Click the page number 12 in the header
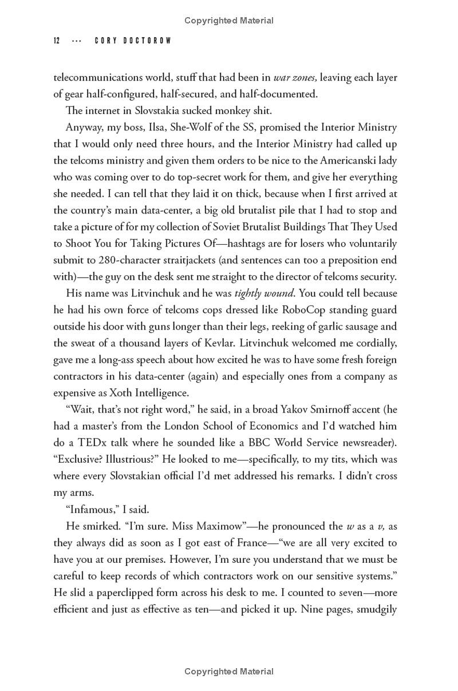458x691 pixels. click(x=57, y=41)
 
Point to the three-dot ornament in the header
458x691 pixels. click(x=77, y=41)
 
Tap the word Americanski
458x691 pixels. click(x=350, y=160)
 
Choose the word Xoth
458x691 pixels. click(x=118, y=393)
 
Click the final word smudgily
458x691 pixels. click(x=377, y=592)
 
